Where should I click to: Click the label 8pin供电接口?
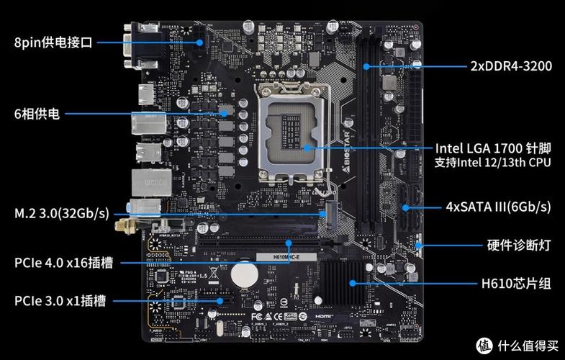[x=53, y=42]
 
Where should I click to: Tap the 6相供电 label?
[x=37, y=114]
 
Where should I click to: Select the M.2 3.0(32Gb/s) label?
[x=61, y=213]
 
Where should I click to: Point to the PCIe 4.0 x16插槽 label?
[x=63, y=262]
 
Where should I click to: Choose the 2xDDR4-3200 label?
[x=511, y=66]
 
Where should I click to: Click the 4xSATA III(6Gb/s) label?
[x=498, y=207]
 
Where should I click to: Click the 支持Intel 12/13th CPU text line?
[x=492, y=163]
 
